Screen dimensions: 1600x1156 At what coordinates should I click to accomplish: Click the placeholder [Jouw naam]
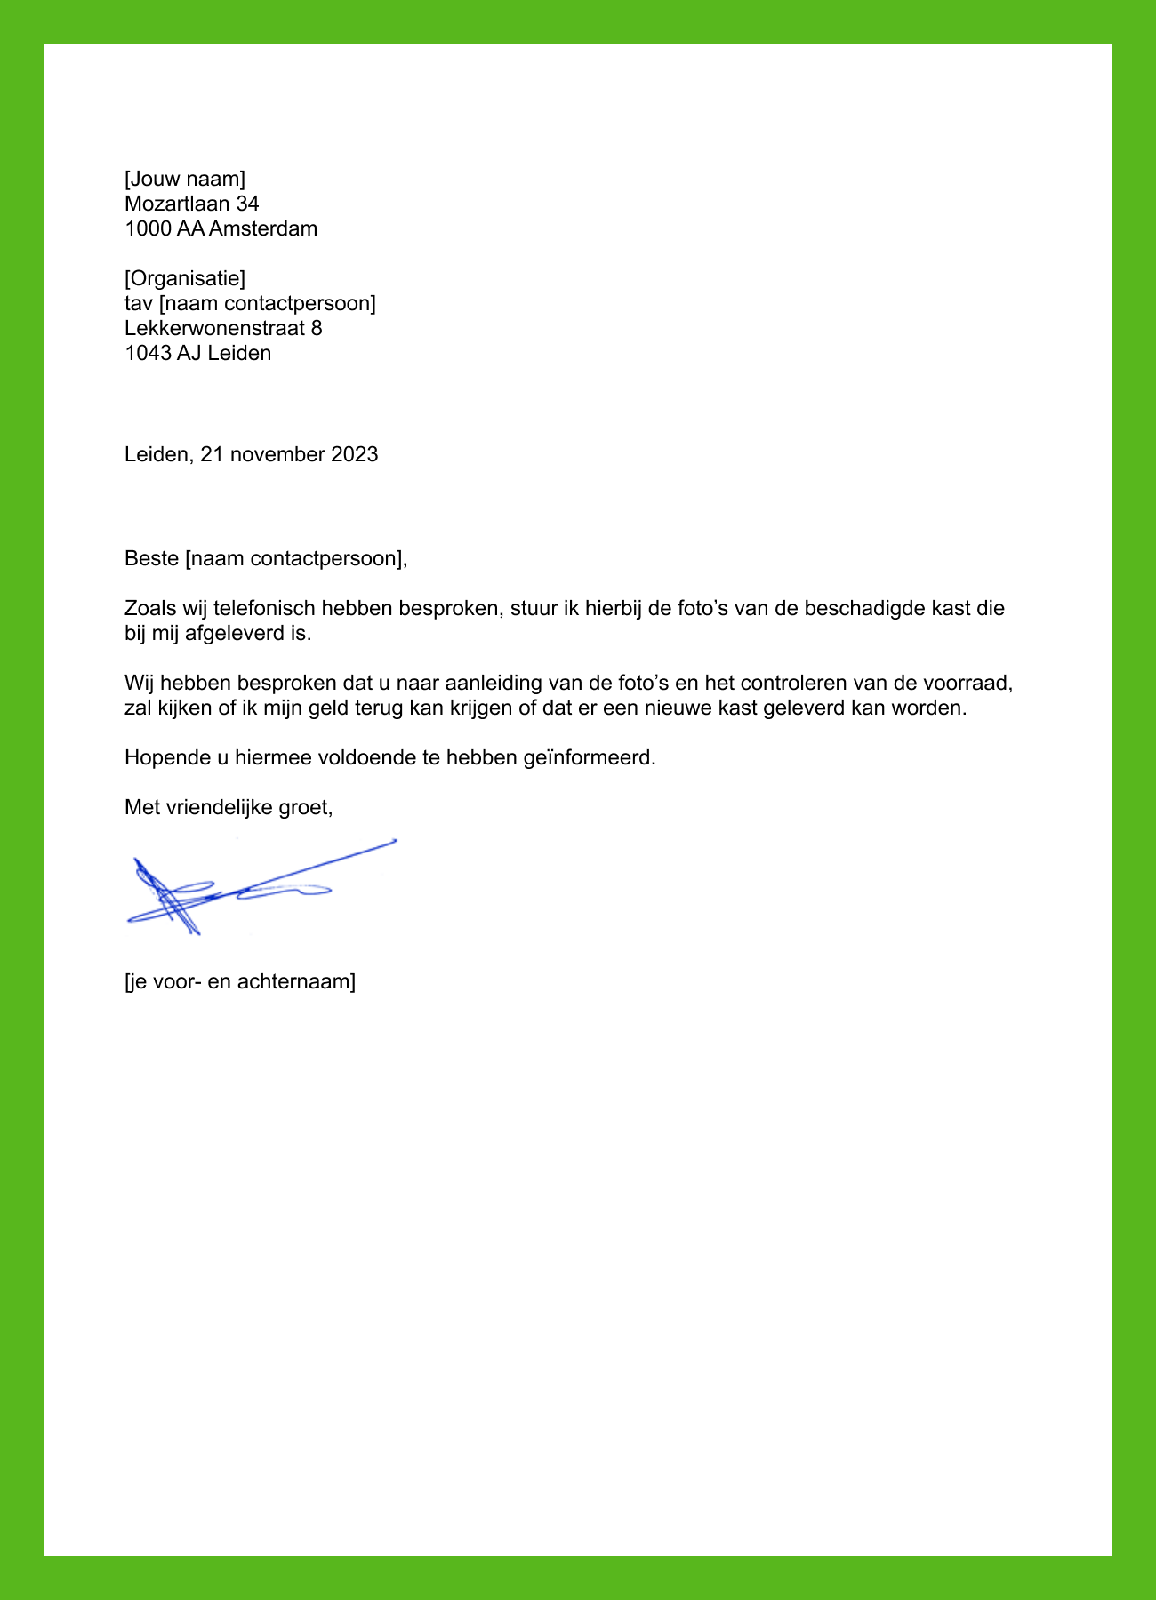click(x=185, y=180)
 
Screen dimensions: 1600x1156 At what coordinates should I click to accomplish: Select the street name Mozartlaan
click(x=177, y=204)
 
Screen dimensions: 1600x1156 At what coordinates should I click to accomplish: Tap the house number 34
click(x=247, y=204)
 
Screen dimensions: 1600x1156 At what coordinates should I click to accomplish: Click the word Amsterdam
click(x=263, y=229)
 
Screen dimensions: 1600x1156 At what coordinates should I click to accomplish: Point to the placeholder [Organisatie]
click(x=185, y=279)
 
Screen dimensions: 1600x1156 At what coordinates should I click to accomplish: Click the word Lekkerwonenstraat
click(x=214, y=329)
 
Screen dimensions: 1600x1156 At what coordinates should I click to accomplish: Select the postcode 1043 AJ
click(x=163, y=354)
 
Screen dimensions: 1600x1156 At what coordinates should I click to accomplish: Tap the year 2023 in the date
click(x=355, y=455)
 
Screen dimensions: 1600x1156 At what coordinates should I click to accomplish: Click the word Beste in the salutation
click(x=151, y=559)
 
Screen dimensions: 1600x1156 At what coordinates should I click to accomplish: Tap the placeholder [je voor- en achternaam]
click(x=240, y=982)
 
